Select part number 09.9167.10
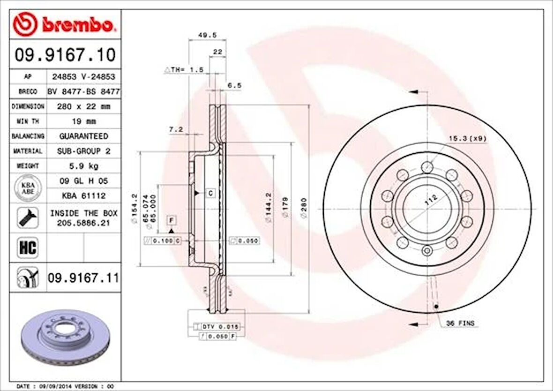[65, 55]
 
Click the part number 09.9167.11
[83, 278]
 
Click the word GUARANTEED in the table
[83, 136]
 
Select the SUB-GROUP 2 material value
[83, 151]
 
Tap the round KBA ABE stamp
[28, 188]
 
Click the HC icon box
[28, 247]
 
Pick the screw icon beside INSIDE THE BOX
[28, 218]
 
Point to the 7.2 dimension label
[176, 129]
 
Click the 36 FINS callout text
[460, 323]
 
